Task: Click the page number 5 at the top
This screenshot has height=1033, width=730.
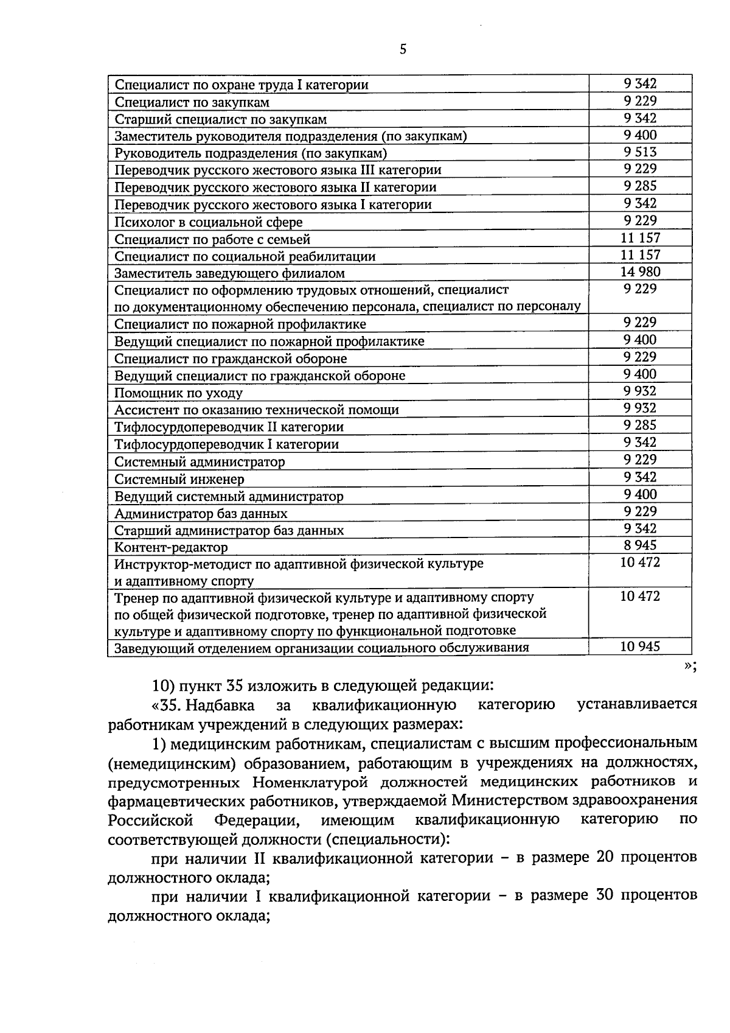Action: click(403, 50)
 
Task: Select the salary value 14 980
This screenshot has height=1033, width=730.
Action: click(640, 272)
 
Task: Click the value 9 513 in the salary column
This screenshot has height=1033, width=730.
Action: click(640, 152)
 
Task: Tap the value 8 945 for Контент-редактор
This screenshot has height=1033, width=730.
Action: click(640, 546)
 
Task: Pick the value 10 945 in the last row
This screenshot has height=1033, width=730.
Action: click(640, 646)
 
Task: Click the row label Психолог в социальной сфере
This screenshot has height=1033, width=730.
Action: click(209, 222)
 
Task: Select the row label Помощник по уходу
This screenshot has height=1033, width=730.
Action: click(179, 393)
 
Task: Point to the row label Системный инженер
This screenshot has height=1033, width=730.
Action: click(179, 479)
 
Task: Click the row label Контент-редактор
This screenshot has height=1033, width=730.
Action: click(172, 548)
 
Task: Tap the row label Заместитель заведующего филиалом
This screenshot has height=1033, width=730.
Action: click(230, 274)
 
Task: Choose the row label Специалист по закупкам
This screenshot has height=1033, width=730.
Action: click(192, 102)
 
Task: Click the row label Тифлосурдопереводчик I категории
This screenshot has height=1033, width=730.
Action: click(227, 444)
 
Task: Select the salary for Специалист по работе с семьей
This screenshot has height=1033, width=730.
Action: click(640, 238)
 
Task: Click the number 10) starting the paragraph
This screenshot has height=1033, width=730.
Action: click(164, 685)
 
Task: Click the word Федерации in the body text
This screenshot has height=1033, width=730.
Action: click(256, 820)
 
